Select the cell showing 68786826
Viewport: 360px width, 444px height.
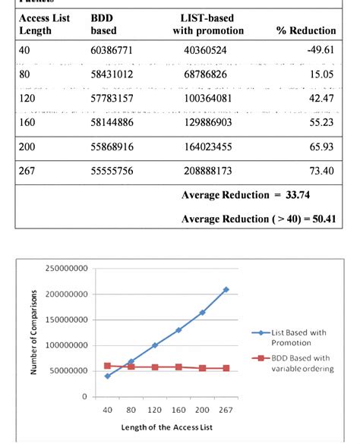coord(205,75)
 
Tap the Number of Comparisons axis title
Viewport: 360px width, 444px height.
coord(33,332)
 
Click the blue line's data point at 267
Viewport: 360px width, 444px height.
coord(226,289)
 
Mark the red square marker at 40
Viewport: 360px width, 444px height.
coord(107,366)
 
